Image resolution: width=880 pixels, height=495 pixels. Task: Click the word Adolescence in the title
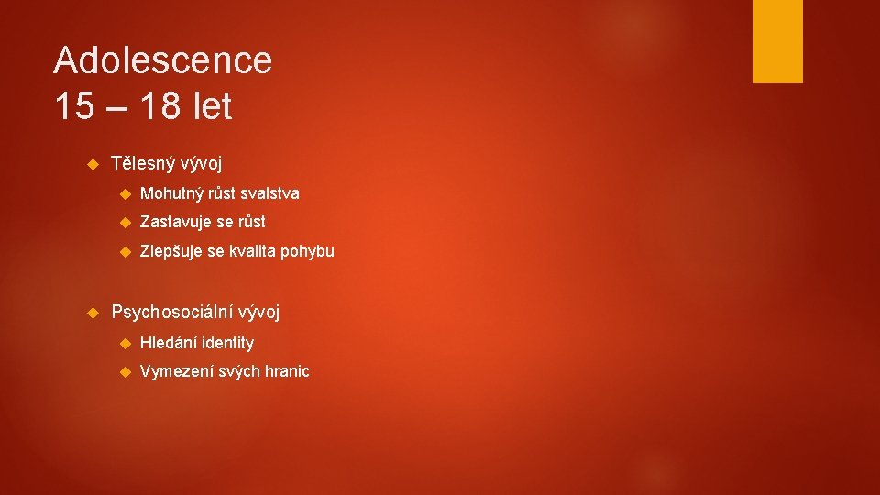(x=163, y=61)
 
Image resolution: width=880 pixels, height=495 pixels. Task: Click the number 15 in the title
(x=74, y=107)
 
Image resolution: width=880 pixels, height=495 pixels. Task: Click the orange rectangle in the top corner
(x=777, y=41)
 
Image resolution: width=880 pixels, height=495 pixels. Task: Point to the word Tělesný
(x=142, y=164)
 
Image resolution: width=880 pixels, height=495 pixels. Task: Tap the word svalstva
(x=269, y=193)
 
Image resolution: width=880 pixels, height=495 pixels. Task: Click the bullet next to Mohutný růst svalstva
(x=126, y=194)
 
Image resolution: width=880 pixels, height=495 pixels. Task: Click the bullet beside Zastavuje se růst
(x=126, y=223)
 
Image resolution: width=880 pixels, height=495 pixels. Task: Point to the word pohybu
(x=307, y=251)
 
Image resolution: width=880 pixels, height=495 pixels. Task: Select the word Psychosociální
(x=171, y=312)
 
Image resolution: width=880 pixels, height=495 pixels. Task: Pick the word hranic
(x=287, y=371)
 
